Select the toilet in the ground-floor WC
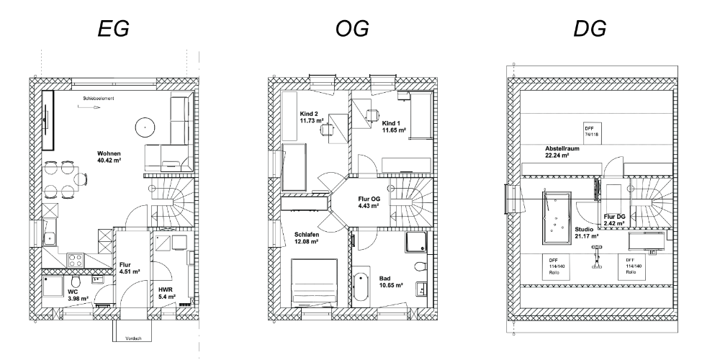76,282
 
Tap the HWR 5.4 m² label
167,292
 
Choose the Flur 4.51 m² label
130,269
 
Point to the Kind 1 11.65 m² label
393,127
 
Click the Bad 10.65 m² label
388,282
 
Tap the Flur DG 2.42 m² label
614,220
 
